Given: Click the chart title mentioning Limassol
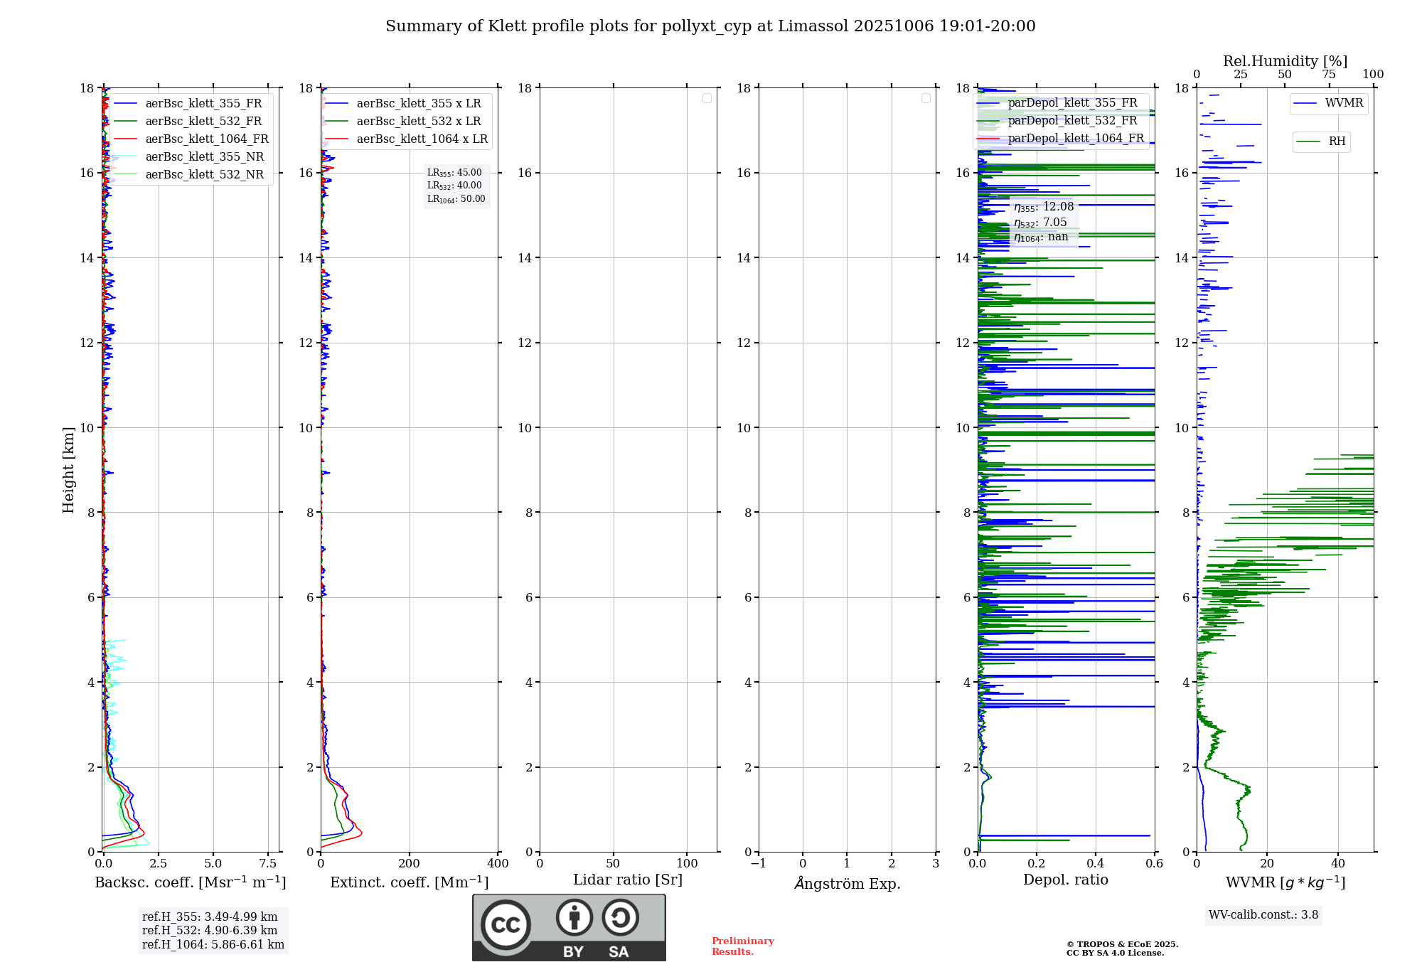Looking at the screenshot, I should click(710, 26).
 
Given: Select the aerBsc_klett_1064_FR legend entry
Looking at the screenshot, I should click(206, 139).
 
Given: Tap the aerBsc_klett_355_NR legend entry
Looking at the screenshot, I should click(204, 157).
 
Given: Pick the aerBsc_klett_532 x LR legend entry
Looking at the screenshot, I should click(418, 122).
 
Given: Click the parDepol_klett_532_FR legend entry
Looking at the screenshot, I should click(1072, 121).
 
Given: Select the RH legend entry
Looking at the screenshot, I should click(1337, 141).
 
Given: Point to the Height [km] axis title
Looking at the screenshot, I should click(68, 470).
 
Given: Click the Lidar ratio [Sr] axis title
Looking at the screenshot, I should click(628, 880).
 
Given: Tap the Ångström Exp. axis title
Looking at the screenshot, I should click(847, 883).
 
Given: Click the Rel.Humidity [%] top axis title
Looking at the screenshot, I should click(1285, 61).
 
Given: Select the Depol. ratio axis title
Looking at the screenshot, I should click(1065, 880).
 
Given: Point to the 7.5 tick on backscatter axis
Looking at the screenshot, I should click(267, 864).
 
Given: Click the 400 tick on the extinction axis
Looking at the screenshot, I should click(498, 864).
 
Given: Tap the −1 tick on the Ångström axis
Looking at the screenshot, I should click(758, 864).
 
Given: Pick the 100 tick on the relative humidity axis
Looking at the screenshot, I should click(1373, 75).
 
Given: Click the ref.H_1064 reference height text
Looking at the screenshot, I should click(213, 945).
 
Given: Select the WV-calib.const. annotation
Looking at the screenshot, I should click(1263, 915).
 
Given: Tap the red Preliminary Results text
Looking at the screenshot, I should click(742, 946).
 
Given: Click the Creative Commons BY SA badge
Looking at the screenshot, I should click(569, 927).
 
